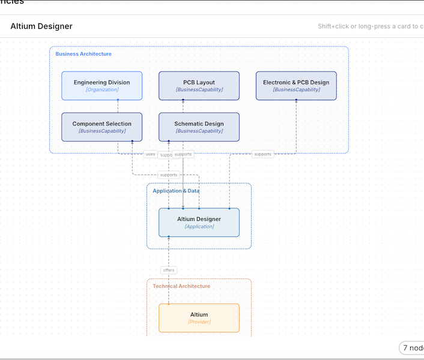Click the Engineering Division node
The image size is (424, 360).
point(101,86)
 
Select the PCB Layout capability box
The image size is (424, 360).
point(199,86)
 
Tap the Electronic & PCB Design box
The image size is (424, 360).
point(296,86)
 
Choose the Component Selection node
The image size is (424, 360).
point(101,127)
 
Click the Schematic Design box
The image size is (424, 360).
point(199,127)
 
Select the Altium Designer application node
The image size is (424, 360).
point(199,223)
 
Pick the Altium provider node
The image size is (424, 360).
point(199,318)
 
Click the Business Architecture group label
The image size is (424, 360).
point(83,54)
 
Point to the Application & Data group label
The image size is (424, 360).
point(176,191)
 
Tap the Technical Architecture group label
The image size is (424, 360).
point(181,286)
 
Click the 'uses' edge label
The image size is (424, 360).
point(150,154)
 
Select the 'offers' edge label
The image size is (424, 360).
point(169,270)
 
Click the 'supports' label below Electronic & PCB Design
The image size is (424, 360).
point(262,154)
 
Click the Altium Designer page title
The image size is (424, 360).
point(41,26)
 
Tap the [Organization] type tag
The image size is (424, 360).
point(101,90)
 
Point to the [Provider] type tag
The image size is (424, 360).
point(199,322)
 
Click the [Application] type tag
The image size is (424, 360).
point(199,227)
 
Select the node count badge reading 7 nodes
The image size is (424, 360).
point(413,348)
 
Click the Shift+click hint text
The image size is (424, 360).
point(370,26)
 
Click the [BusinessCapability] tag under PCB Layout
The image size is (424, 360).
point(199,90)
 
